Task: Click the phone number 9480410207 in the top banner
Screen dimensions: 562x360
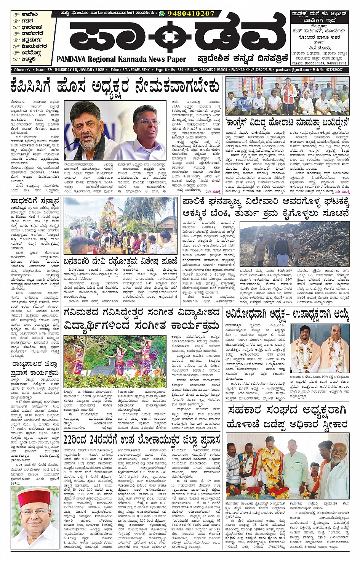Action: [192, 13]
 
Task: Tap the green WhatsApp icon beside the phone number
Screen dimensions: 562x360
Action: [162, 13]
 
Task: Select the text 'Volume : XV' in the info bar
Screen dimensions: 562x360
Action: [22, 70]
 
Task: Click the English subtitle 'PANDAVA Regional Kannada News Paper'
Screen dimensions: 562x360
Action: [121, 59]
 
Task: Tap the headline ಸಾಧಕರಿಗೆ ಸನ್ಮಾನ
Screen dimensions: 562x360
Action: [35, 201]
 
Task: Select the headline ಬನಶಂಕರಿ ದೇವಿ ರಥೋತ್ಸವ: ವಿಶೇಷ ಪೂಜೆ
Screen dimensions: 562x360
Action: [121, 261]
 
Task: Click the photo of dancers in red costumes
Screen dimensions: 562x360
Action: [115, 361]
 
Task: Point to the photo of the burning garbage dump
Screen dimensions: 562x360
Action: [294, 244]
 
